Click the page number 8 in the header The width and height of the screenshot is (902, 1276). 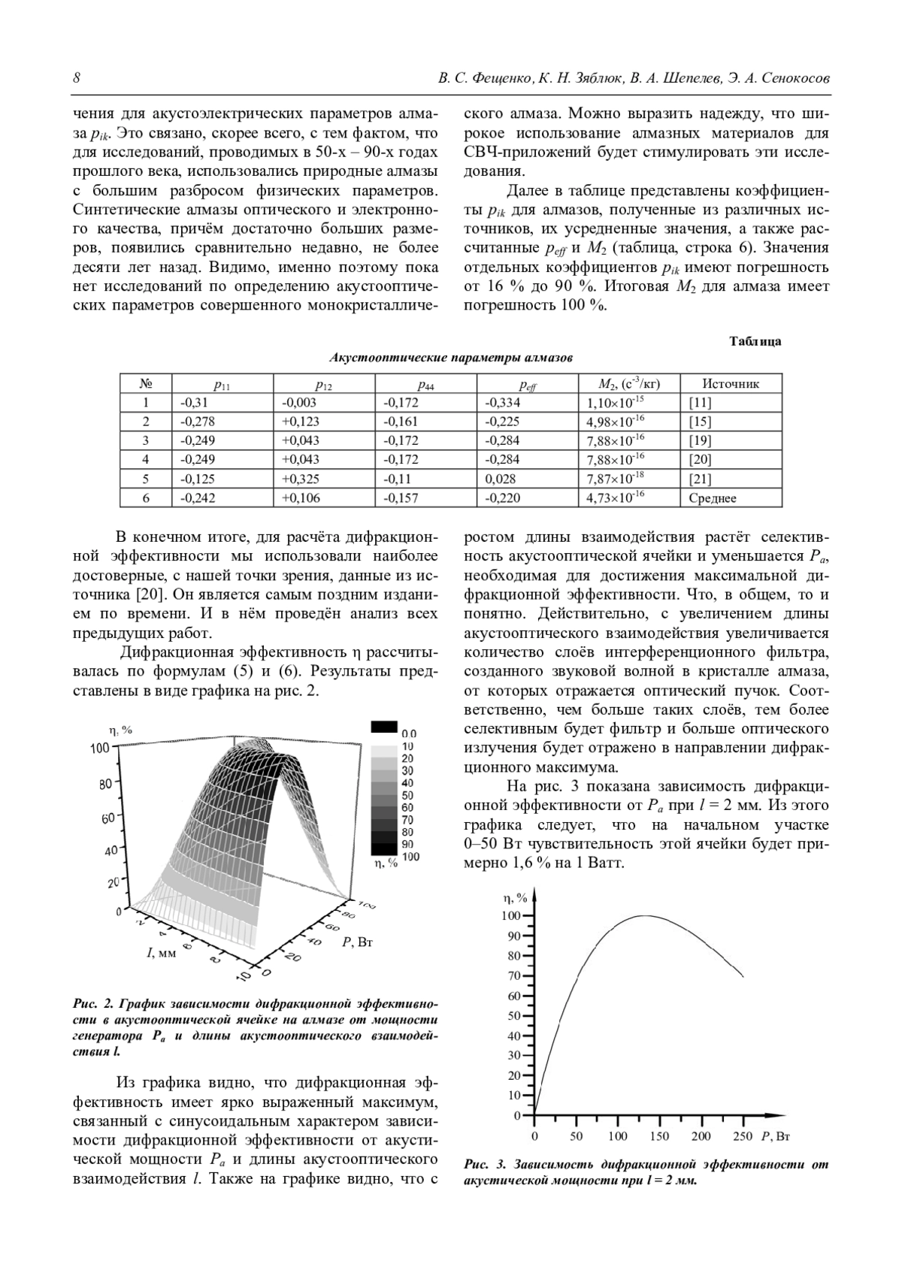click(77, 79)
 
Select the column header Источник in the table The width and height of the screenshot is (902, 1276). click(730, 384)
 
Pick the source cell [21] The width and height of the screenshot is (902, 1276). click(700, 479)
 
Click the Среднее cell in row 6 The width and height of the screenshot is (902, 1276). click(713, 498)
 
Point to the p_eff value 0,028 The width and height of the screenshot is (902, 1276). click(501, 479)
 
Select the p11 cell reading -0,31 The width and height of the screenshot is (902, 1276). click(193, 403)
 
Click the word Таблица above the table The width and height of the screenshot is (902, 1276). click(755, 341)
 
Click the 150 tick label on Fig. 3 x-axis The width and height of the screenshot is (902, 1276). click(659, 1135)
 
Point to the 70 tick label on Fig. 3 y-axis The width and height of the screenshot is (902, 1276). click(514, 976)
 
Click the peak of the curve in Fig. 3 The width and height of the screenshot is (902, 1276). click(644, 916)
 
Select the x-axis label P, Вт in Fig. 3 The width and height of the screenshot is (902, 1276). click(776, 1135)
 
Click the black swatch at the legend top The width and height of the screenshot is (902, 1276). click(383, 727)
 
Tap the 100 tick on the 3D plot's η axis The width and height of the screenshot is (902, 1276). click(101, 748)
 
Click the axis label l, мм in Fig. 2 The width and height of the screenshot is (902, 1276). click(161, 953)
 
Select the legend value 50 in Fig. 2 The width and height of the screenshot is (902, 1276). click(408, 795)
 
